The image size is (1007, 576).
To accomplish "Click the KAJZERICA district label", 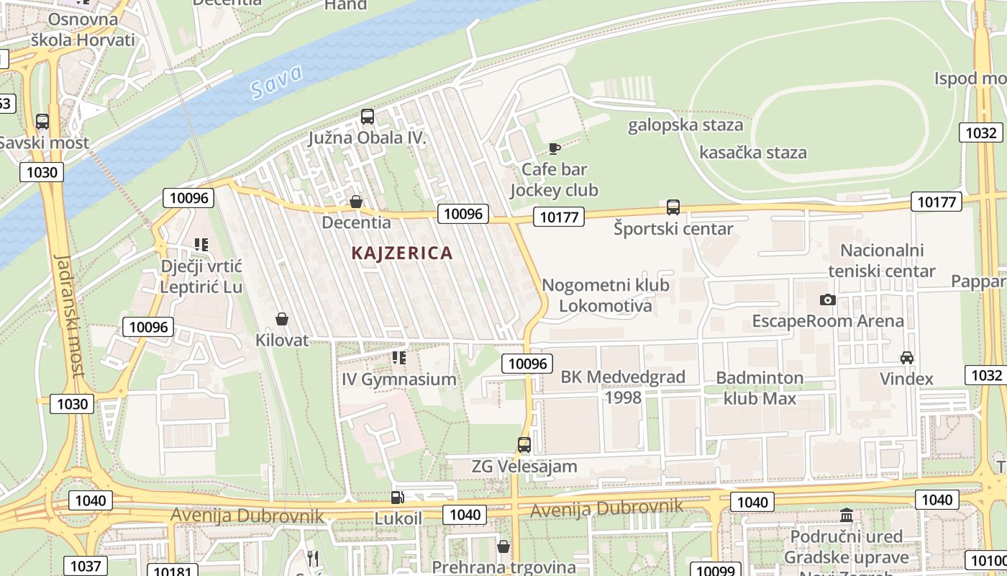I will click(x=402, y=253).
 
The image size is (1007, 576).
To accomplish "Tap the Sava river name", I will click(x=277, y=81).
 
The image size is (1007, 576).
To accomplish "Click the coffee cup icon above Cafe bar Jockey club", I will click(x=554, y=148).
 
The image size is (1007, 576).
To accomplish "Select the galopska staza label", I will click(x=685, y=125).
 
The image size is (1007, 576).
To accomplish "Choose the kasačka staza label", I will click(x=752, y=153).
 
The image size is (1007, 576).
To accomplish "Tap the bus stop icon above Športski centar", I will click(x=673, y=207).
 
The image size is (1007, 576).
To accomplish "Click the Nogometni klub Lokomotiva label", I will click(x=605, y=295).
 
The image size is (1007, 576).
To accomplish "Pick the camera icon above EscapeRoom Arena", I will click(x=828, y=300).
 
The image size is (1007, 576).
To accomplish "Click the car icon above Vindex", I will click(x=906, y=358).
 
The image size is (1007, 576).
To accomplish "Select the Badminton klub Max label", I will click(x=760, y=388).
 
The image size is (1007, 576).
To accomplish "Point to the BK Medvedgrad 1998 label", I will click(x=623, y=387).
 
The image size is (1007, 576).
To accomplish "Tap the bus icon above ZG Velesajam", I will click(x=524, y=445).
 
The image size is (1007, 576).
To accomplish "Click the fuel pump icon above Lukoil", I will click(x=396, y=497).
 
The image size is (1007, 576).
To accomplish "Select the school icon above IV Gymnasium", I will click(x=399, y=358).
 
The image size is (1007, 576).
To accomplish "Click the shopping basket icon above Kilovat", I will click(x=282, y=318).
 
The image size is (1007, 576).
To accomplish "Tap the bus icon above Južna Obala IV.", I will click(x=368, y=116).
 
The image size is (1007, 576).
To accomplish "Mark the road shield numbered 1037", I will click(x=86, y=566).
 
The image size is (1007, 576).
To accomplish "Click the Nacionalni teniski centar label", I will click(x=882, y=261).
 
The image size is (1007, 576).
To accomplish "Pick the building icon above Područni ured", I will click(x=846, y=516).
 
